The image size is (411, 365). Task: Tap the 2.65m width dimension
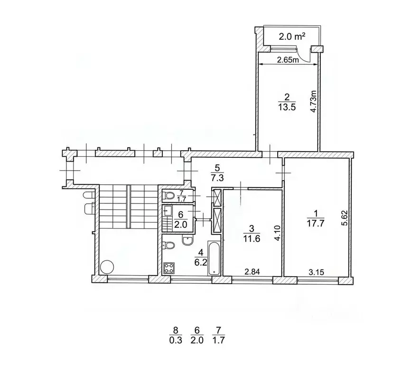(x=288, y=60)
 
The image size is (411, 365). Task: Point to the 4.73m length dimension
(x=313, y=101)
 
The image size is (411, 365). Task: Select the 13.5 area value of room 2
(x=287, y=107)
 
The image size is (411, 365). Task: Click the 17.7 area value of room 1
(x=316, y=223)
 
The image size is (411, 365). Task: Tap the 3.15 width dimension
(x=316, y=272)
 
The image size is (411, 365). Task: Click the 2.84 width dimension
(x=252, y=272)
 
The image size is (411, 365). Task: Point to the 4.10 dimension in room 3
(x=278, y=233)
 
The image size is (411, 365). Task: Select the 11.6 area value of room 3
(x=252, y=239)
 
